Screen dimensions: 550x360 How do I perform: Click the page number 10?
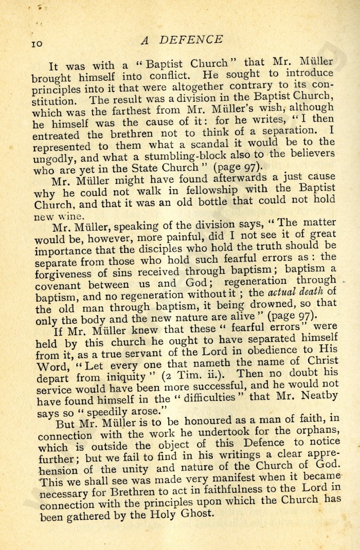(x=39, y=44)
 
